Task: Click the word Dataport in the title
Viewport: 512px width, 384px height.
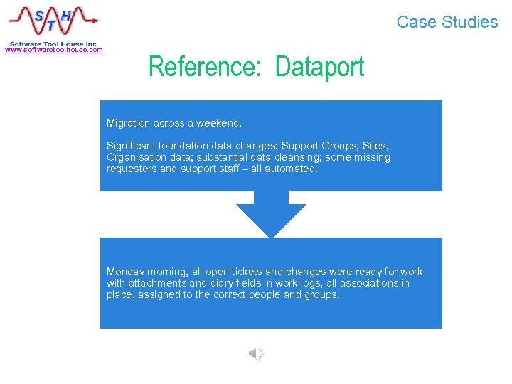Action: [x=319, y=68]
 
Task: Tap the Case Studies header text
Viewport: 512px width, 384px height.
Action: [x=447, y=22]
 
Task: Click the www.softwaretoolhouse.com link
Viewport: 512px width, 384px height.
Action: [x=54, y=50]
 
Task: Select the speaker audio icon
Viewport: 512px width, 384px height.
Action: [x=256, y=353]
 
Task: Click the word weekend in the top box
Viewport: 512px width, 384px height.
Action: [x=219, y=123]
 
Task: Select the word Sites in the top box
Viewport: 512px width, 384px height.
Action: [x=375, y=146]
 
